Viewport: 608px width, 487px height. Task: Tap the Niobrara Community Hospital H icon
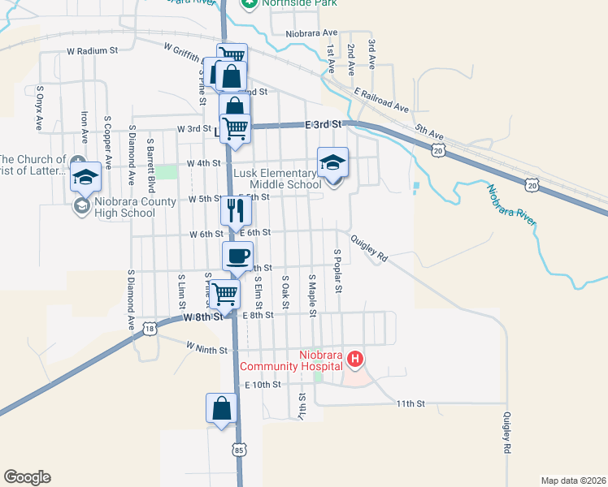click(354, 358)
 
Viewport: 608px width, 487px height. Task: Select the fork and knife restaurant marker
click(235, 211)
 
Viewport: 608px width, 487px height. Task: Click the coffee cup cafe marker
click(237, 256)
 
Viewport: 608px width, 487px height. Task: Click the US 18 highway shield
click(149, 328)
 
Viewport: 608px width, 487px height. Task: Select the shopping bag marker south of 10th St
click(221, 409)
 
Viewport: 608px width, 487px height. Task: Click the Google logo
click(27, 477)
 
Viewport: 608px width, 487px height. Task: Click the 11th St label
click(410, 403)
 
